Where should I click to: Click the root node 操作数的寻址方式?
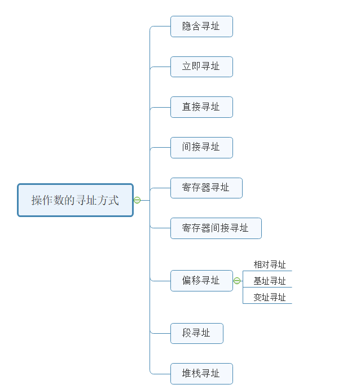[x=75, y=200]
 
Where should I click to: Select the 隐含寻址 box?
[x=201, y=26]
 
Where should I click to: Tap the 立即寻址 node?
[x=201, y=67]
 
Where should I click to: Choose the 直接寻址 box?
[x=201, y=107]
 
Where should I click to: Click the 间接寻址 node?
[x=201, y=147]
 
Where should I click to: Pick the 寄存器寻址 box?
[x=206, y=188]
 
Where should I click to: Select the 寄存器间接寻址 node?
[x=216, y=228]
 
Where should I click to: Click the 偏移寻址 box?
[x=201, y=281]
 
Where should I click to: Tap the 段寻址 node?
[x=196, y=333]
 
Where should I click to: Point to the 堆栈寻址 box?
[x=201, y=374]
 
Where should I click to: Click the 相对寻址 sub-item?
[x=269, y=265]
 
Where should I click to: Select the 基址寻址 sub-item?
[x=269, y=281]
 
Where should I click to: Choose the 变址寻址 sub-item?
[x=269, y=298]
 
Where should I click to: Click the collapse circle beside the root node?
[x=137, y=200]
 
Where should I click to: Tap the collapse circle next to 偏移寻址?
[x=237, y=281]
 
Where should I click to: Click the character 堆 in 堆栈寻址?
[x=187, y=374]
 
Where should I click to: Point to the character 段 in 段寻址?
[x=187, y=333]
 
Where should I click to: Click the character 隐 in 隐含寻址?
[x=187, y=26]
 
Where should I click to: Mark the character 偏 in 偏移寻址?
[x=187, y=281]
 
